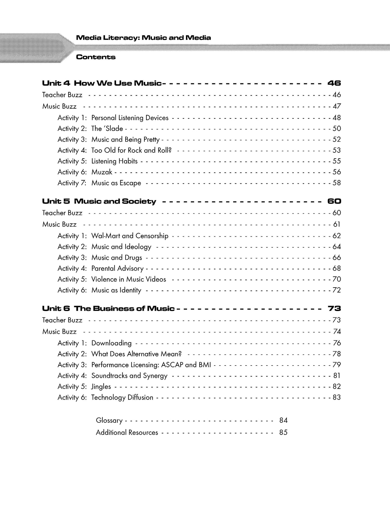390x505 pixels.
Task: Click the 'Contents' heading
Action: (x=96, y=57)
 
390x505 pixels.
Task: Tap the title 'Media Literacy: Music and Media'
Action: (x=143, y=38)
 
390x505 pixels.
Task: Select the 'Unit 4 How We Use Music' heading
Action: (x=102, y=83)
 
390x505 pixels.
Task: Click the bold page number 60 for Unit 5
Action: (x=334, y=201)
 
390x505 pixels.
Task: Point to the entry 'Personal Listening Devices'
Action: (x=130, y=118)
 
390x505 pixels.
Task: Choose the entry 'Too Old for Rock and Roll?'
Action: (x=131, y=150)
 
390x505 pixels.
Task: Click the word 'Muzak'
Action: (x=102, y=172)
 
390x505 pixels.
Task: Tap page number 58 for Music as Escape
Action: (x=337, y=183)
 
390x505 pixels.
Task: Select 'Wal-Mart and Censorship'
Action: (x=130, y=236)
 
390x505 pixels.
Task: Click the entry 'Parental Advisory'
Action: (x=117, y=268)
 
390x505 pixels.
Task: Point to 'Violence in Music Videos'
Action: (x=128, y=279)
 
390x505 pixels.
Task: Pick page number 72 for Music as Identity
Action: (x=337, y=290)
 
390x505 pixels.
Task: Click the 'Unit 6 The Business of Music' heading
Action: (x=108, y=309)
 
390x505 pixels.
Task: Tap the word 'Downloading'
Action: (x=111, y=343)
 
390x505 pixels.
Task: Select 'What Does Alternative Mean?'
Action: (x=136, y=354)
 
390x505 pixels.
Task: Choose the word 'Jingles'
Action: (x=101, y=387)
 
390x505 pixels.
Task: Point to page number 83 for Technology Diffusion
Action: (x=337, y=397)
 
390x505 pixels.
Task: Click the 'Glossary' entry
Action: (x=109, y=420)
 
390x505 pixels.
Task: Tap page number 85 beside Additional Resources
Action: (x=283, y=432)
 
